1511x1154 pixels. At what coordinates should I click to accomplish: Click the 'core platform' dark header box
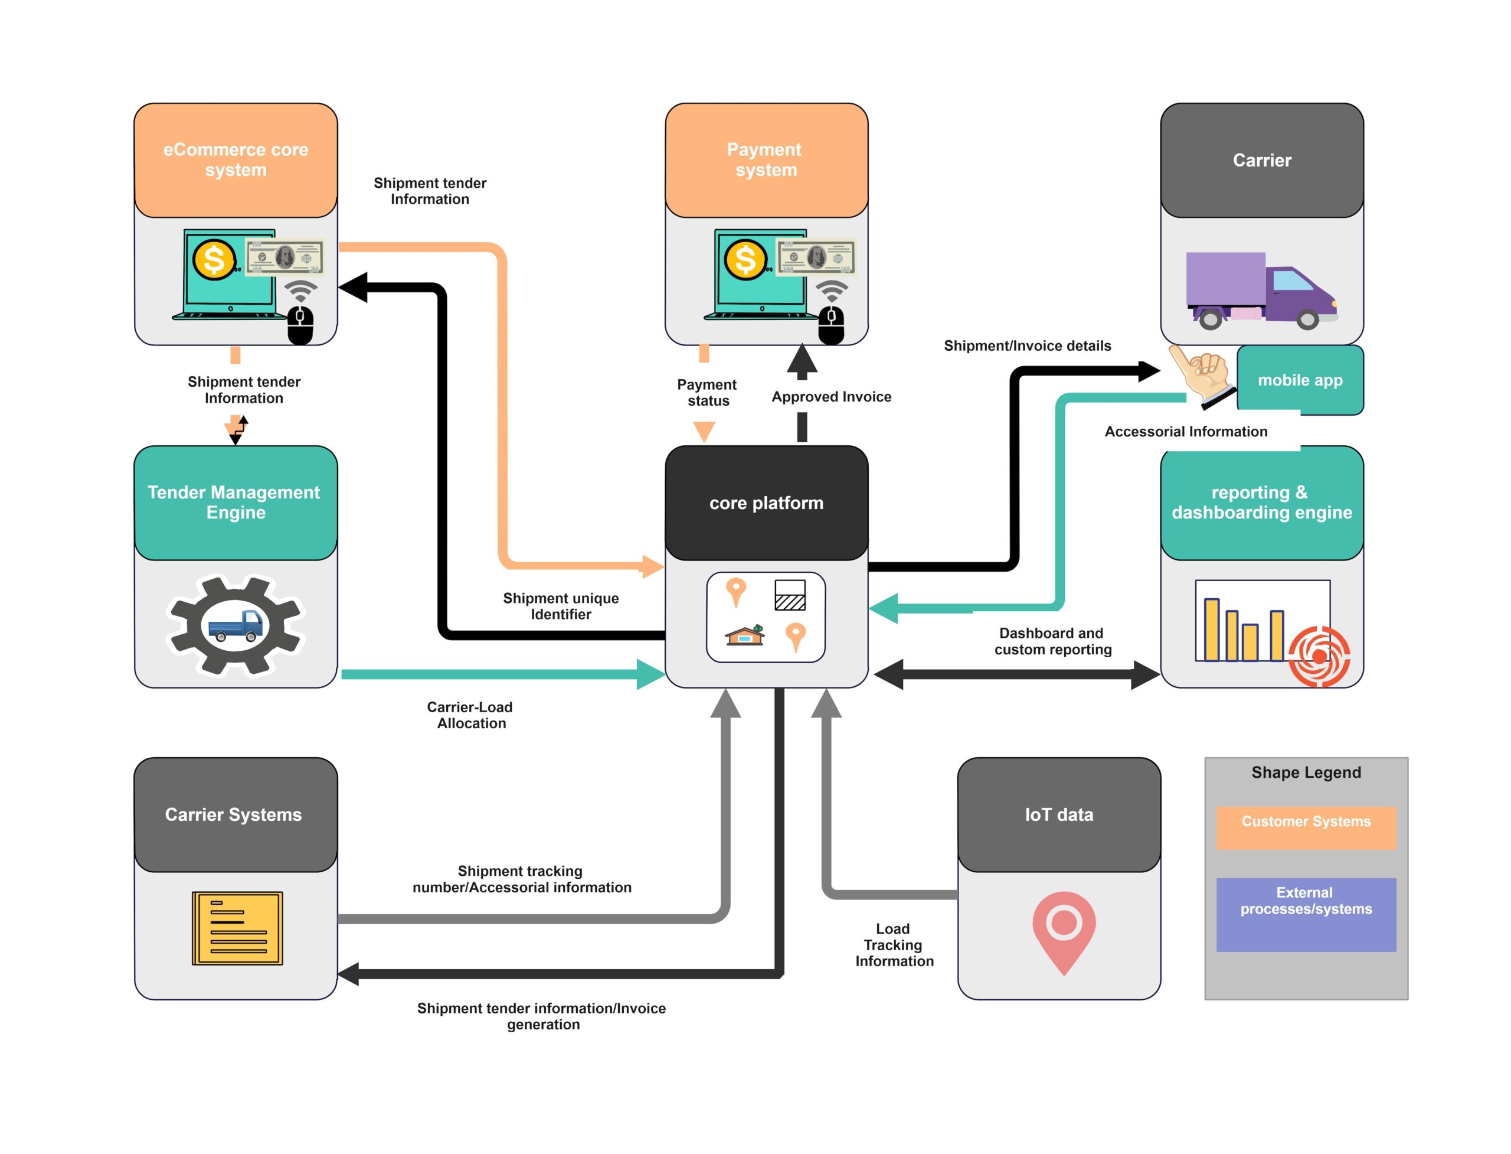point(766,502)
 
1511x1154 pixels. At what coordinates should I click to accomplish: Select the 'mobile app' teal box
point(1299,379)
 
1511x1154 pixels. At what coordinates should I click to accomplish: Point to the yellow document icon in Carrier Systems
point(237,927)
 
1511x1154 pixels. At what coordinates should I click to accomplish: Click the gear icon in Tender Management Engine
point(235,625)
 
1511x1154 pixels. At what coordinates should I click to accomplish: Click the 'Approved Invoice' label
point(830,396)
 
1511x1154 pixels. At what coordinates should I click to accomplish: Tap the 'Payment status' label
point(707,392)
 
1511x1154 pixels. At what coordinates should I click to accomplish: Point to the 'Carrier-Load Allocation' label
point(470,715)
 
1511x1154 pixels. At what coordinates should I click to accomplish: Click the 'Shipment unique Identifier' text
point(560,606)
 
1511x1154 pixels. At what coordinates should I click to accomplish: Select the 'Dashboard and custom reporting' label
point(1051,640)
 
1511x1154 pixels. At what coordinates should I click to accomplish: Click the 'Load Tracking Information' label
point(893,944)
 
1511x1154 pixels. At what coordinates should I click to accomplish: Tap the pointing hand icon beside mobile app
point(1201,374)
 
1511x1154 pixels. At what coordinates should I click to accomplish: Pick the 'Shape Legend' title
point(1305,771)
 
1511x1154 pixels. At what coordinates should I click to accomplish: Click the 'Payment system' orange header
point(766,159)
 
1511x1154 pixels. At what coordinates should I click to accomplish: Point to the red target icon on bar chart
point(1318,656)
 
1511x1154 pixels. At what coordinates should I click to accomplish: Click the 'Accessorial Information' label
point(1185,431)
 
